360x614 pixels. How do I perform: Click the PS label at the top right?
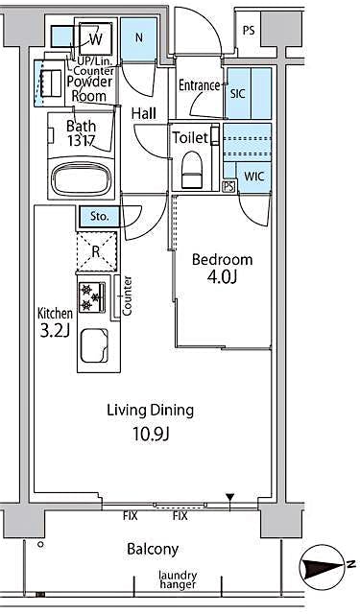click(249, 31)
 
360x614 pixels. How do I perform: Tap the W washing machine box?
click(96, 40)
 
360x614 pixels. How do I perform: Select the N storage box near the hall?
click(139, 38)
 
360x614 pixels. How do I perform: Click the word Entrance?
click(199, 85)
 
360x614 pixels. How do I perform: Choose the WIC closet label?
click(253, 177)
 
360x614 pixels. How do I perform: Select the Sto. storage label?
click(99, 217)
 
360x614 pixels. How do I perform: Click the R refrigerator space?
click(96, 252)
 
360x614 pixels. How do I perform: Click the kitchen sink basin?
click(94, 346)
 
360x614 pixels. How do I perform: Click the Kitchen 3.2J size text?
click(54, 332)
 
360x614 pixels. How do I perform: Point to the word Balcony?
click(152, 550)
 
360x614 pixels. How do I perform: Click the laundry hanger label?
click(178, 580)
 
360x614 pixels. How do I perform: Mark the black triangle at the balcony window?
click(229, 498)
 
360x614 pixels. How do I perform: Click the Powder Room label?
click(88, 89)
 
